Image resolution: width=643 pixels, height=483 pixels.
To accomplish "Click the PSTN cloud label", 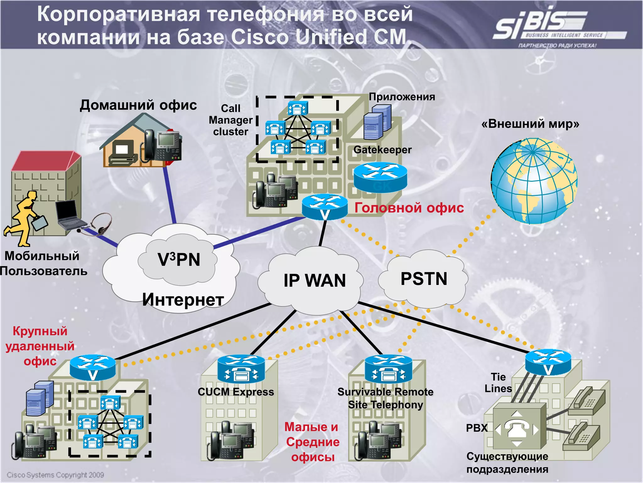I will [x=424, y=279].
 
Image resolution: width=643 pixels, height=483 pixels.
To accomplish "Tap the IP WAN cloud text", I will [x=315, y=280].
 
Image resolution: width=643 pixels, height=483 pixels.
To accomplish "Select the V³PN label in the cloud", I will [x=179, y=260].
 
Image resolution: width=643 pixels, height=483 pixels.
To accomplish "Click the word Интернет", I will [x=183, y=300].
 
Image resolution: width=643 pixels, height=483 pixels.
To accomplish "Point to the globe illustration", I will [x=534, y=181].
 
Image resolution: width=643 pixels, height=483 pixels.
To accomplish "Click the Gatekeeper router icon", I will [x=380, y=177].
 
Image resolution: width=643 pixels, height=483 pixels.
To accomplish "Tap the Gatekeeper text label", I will [x=382, y=150].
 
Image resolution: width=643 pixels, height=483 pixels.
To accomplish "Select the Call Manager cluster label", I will [x=231, y=120].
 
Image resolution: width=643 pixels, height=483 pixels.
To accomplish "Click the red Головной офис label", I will [x=409, y=208].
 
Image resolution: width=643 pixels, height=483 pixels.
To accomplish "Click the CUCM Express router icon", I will [x=241, y=369].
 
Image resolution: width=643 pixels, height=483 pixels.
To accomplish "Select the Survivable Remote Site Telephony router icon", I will [x=388, y=369].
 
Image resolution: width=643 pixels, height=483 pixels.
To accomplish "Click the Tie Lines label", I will [x=498, y=383].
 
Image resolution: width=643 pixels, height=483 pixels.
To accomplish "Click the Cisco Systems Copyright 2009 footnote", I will [x=55, y=475].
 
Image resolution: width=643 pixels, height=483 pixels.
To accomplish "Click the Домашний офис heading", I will [x=138, y=105].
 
